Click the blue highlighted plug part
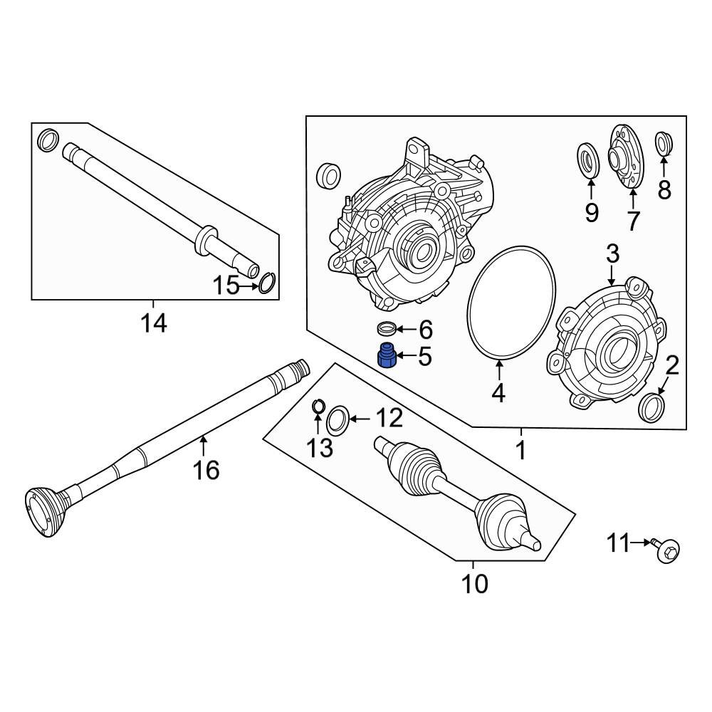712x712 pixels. (x=387, y=355)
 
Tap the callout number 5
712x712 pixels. (x=424, y=356)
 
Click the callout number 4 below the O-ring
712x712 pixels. (x=498, y=392)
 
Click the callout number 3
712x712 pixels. (x=612, y=253)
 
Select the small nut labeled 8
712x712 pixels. (x=664, y=143)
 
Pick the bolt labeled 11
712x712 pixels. (x=667, y=548)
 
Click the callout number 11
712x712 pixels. (x=619, y=544)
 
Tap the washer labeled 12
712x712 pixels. (x=337, y=419)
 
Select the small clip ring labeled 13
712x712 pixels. (x=319, y=407)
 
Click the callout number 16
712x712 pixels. (x=207, y=470)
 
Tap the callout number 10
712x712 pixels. (x=475, y=584)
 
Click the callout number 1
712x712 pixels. (x=520, y=450)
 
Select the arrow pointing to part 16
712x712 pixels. (x=204, y=446)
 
